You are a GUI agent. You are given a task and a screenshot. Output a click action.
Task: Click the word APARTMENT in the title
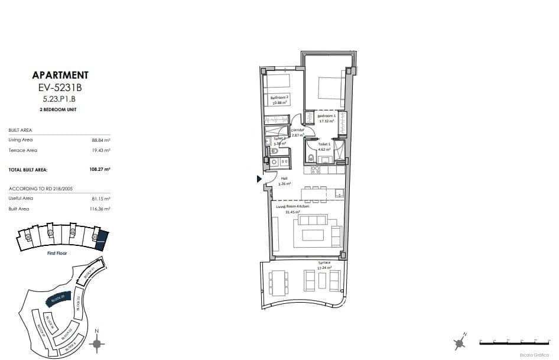(x=60, y=75)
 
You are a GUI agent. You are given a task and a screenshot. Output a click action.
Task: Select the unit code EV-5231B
(x=60, y=88)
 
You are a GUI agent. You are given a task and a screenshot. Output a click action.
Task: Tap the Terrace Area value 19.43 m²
(x=103, y=150)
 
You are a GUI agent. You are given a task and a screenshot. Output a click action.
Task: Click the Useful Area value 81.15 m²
(x=103, y=198)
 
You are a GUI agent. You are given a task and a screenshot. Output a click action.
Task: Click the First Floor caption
(x=57, y=252)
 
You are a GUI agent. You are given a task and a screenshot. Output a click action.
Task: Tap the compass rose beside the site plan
(x=99, y=343)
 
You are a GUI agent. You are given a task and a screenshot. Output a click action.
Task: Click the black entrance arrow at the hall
(x=258, y=179)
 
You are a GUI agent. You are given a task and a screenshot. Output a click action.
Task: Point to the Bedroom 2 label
(x=279, y=98)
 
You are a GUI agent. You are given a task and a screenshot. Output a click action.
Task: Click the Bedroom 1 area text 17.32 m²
(x=326, y=121)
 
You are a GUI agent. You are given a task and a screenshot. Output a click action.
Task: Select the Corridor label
(x=297, y=129)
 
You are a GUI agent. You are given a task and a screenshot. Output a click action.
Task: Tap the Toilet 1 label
(x=324, y=144)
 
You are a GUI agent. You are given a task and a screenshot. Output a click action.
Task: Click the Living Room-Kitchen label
(x=293, y=206)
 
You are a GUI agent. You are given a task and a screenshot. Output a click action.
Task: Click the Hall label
(x=284, y=178)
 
